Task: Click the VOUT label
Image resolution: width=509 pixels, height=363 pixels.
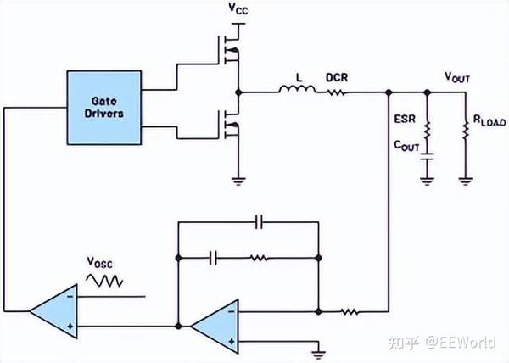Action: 458,77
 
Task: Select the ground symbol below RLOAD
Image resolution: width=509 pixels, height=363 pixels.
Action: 464,179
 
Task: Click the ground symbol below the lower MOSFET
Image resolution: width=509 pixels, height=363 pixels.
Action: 239,179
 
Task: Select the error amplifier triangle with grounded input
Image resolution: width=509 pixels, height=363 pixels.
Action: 213,326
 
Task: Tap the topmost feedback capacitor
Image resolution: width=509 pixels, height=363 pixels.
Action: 259,222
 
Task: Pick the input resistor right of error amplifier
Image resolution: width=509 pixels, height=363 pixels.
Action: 349,311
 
